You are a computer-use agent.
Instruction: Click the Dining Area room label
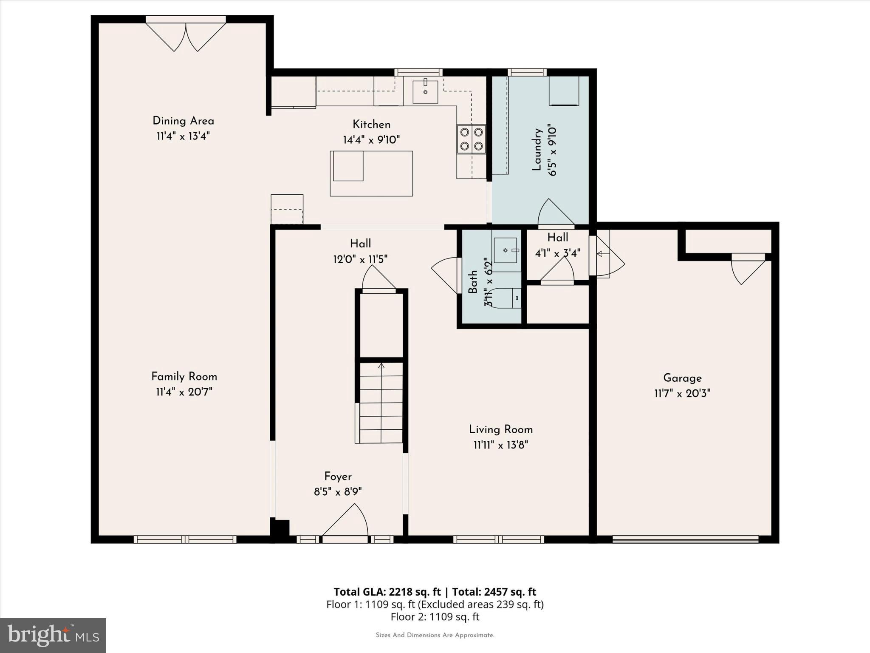click(x=183, y=121)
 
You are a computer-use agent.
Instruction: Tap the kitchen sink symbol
click(x=425, y=91)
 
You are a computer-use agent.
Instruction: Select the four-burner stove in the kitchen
click(x=471, y=139)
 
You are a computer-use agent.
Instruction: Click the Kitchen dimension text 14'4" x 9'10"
click(x=371, y=140)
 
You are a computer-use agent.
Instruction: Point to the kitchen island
click(x=371, y=173)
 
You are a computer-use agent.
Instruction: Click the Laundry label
click(x=537, y=149)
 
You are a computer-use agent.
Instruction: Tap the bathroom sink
click(x=506, y=250)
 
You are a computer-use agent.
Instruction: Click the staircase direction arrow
click(x=381, y=366)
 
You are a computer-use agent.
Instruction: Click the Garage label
click(x=682, y=378)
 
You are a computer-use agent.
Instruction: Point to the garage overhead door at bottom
click(x=685, y=539)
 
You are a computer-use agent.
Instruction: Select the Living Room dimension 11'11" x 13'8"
click(x=501, y=445)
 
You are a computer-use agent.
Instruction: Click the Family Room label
click(x=184, y=377)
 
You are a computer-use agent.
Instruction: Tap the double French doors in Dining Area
click(x=186, y=36)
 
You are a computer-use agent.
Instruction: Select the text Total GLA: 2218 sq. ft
click(x=387, y=592)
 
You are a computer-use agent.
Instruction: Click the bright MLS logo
click(x=53, y=635)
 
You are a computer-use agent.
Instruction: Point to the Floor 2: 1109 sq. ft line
click(x=435, y=616)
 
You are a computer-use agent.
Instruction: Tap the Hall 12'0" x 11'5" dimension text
click(x=360, y=259)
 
